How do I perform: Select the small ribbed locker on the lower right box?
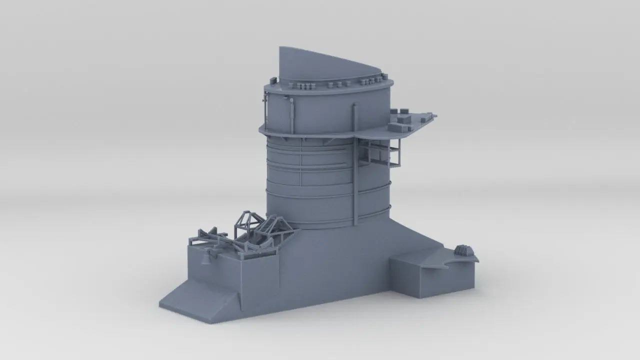tap(463, 249)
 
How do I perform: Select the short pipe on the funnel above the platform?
tap(354, 117)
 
